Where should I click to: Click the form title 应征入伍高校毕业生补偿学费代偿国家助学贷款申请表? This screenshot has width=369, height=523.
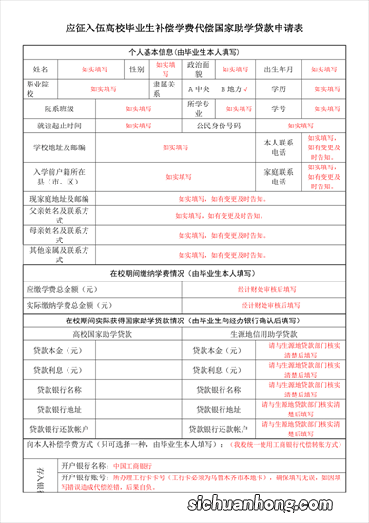click(x=184, y=29)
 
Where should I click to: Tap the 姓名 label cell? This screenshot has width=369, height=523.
click(x=39, y=70)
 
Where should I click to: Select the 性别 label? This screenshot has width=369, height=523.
click(x=136, y=70)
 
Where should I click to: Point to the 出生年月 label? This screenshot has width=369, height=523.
click(x=283, y=70)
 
